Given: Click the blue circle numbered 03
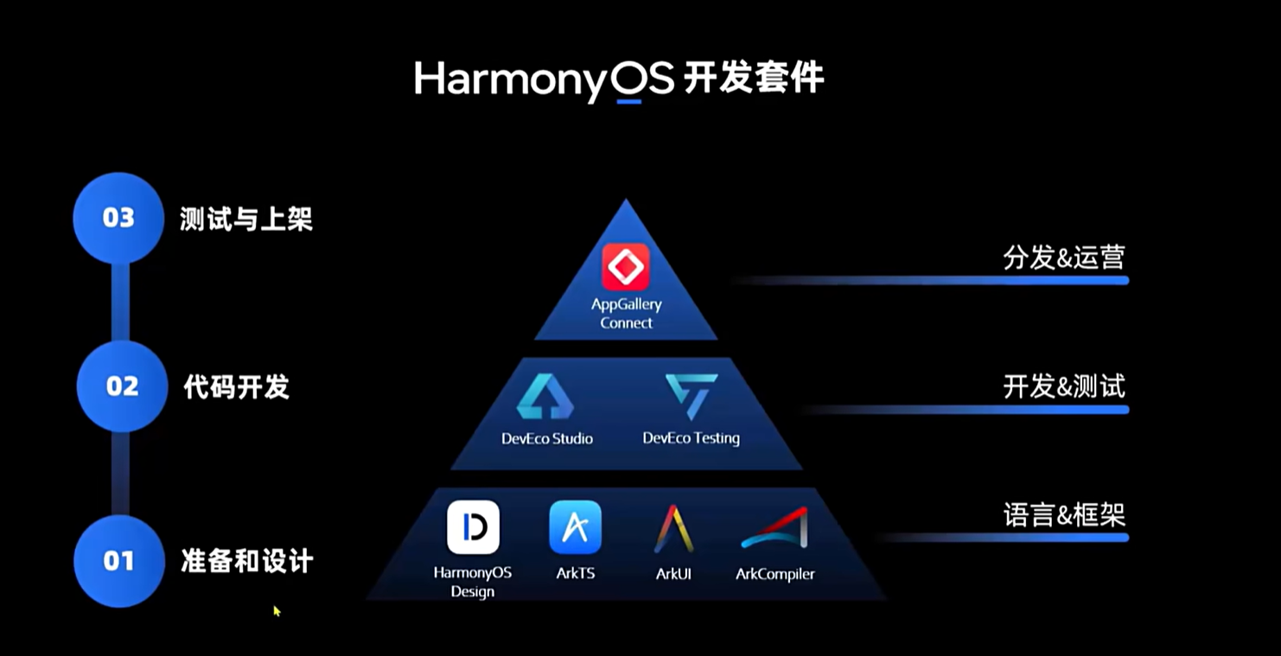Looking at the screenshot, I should [x=118, y=218].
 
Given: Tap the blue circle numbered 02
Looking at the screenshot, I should [x=122, y=386].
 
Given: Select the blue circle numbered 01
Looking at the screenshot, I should [x=119, y=561].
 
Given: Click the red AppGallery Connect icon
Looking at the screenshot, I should [x=626, y=267].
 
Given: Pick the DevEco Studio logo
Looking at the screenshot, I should [x=545, y=398].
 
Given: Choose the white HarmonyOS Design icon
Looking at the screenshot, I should [x=473, y=527].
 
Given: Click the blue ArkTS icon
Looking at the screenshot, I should [x=575, y=527].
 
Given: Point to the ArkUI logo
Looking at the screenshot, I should [x=673, y=528].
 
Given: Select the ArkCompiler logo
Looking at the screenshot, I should [x=774, y=528].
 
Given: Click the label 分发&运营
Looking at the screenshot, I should [x=1063, y=258].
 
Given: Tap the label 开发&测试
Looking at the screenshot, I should [x=1064, y=386].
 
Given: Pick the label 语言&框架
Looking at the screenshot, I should [x=1064, y=515].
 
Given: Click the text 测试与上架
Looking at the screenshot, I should [x=246, y=219].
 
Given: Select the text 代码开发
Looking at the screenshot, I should [x=237, y=387].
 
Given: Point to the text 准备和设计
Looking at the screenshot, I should [x=247, y=562].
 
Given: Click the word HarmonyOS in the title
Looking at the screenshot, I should [x=544, y=80].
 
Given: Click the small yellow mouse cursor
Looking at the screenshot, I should [x=277, y=611].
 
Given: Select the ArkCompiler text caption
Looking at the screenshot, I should [x=774, y=574].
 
